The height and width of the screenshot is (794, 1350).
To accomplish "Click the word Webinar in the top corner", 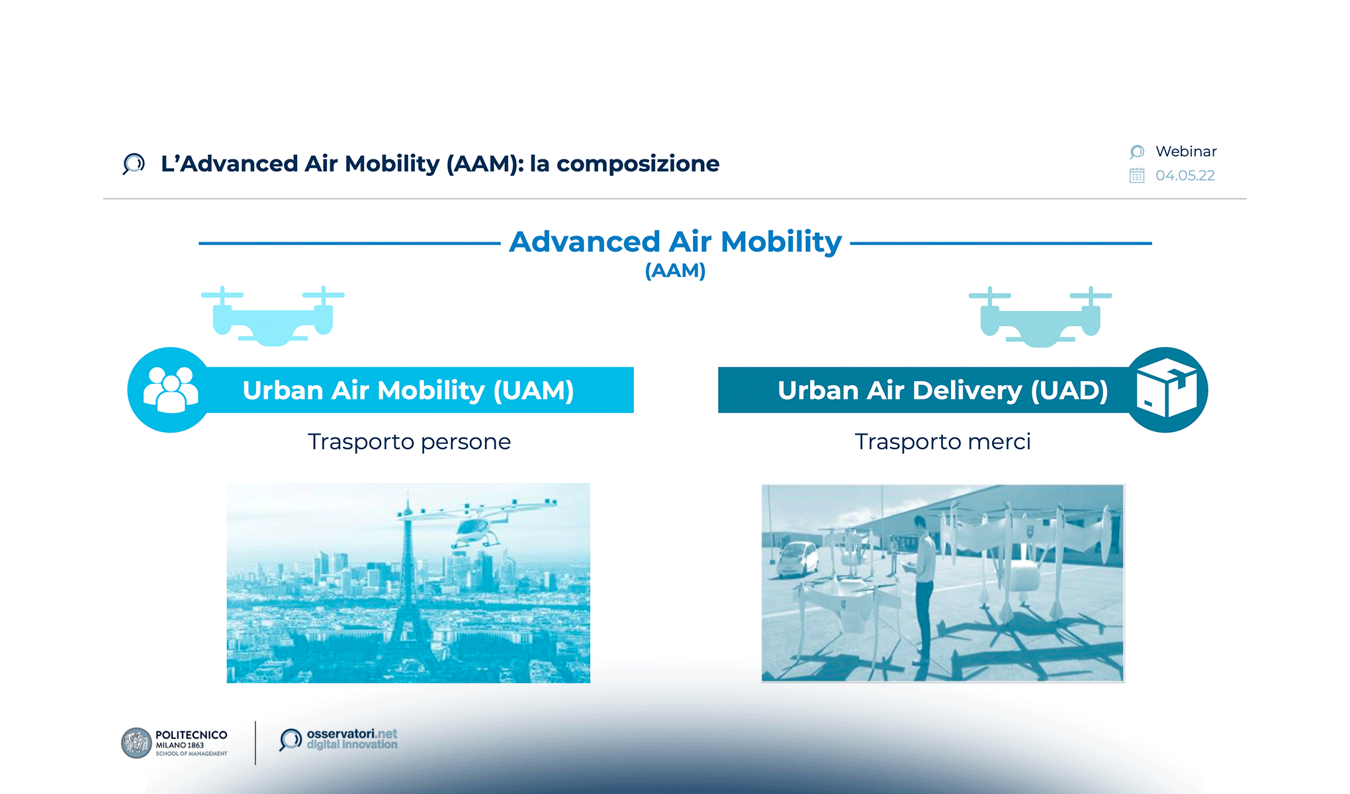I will [x=1185, y=152].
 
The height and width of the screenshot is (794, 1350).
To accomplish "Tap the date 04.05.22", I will [x=1185, y=175].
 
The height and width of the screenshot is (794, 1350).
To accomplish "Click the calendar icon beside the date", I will [x=1136, y=175].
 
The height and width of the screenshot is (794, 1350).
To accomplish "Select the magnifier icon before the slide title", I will [x=134, y=163].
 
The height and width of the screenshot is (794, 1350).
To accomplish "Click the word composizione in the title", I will [x=637, y=163].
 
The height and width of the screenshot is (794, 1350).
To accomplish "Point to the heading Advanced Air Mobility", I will [x=675, y=242].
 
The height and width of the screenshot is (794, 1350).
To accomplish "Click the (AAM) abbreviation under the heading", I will [x=675, y=270].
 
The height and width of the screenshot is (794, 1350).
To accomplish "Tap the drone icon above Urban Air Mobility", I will [x=273, y=316].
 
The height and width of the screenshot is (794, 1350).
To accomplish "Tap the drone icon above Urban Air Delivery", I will [x=1040, y=317].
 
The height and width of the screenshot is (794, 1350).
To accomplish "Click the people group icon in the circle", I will [x=171, y=390].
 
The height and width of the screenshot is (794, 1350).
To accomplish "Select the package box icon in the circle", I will [x=1166, y=390].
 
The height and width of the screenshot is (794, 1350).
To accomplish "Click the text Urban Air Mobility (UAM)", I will [x=408, y=390].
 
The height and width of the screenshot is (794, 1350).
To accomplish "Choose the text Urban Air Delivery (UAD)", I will [x=942, y=390].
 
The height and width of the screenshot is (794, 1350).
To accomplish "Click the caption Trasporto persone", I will [x=409, y=441].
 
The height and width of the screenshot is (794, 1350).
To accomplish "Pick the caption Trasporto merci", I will [x=942, y=441].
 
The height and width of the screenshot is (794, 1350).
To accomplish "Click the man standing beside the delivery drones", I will [x=922, y=589].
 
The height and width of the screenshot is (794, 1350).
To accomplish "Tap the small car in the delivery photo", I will [x=797, y=559].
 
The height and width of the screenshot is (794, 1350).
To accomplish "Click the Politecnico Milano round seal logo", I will [x=136, y=743].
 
